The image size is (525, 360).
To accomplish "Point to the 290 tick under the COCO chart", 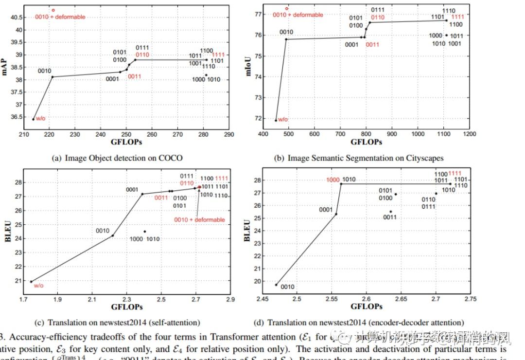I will [228, 134].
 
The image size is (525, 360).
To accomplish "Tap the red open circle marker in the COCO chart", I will [53, 10].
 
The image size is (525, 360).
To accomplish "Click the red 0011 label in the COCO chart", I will [135, 76].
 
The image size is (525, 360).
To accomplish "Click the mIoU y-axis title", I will [247, 67].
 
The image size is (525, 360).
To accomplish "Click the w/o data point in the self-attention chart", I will [31, 282].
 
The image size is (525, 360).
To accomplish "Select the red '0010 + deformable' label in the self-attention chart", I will [199, 220].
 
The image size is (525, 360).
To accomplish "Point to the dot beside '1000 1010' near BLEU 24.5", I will [144, 232].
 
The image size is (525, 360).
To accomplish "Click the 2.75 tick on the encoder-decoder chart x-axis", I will [470, 299].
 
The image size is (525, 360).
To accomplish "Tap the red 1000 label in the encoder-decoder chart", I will [333, 180].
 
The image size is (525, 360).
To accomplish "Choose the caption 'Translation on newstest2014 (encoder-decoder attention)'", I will [359, 322].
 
